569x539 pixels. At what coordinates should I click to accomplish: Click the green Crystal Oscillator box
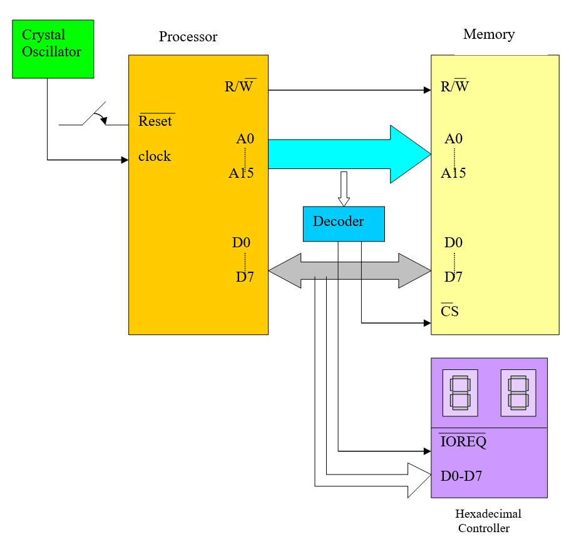tap(53, 49)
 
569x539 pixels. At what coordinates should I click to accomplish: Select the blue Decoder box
tap(344, 223)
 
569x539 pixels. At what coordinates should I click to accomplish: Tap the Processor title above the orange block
tap(188, 37)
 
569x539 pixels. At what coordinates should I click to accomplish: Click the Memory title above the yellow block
tap(489, 34)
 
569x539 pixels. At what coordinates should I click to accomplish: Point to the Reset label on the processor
tap(155, 121)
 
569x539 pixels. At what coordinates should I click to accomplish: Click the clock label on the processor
tap(155, 157)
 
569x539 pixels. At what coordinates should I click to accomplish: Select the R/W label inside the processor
tap(239, 86)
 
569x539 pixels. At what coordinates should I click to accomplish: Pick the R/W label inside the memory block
tap(455, 86)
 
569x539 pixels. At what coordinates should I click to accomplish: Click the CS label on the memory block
tap(449, 311)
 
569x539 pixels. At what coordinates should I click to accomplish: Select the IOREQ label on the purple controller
tap(463, 441)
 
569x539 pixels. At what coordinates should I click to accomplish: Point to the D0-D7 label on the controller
tap(461, 476)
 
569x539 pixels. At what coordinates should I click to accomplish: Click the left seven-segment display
tap(460, 393)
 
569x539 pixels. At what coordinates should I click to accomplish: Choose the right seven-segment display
tap(518, 393)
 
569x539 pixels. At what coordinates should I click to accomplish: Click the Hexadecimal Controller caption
tap(488, 521)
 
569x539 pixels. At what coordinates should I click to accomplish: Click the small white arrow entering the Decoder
tap(343, 188)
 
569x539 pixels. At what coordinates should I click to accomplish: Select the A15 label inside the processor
tap(241, 173)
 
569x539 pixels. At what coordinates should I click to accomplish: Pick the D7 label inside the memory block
tap(453, 277)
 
